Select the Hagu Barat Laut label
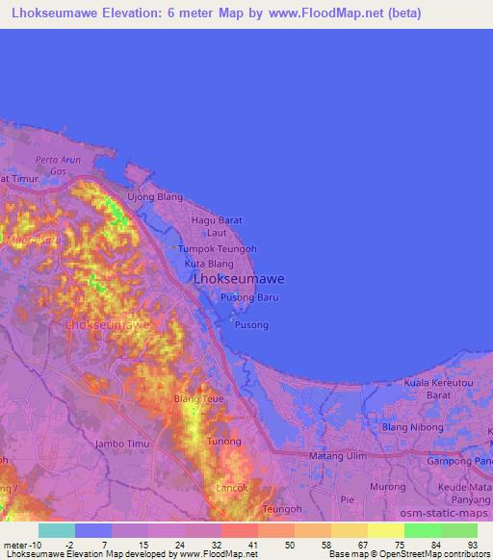[x=217, y=226]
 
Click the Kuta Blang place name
[x=209, y=263]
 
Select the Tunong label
[x=223, y=441]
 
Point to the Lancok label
[x=232, y=488]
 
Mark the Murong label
[x=388, y=487]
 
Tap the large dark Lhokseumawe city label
[x=239, y=279]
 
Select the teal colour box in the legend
[x=57, y=530]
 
